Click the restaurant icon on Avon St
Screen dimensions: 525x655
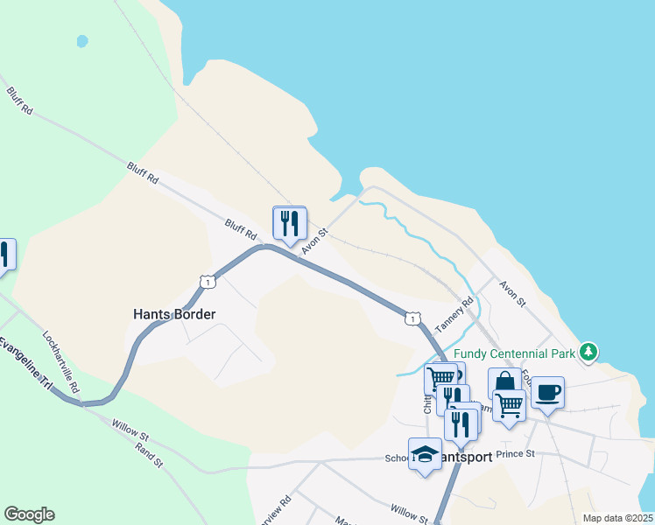tap(290, 223)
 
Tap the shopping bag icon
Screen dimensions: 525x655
tap(505, 382)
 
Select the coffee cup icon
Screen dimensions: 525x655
tap(548, 391)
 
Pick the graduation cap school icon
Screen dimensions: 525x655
tap(425, 453)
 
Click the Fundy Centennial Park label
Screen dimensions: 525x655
tap(503, 353)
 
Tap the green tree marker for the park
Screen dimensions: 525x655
tap(590, 352)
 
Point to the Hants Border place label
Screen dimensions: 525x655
tap(174, 313)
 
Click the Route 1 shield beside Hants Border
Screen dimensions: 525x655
tap(207, 281)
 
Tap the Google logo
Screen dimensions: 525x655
tap(29, 514)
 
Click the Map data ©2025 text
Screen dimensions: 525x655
tap(617, 518)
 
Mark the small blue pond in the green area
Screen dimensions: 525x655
tap(82, 41)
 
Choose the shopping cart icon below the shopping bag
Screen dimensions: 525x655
tap(508, 405)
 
